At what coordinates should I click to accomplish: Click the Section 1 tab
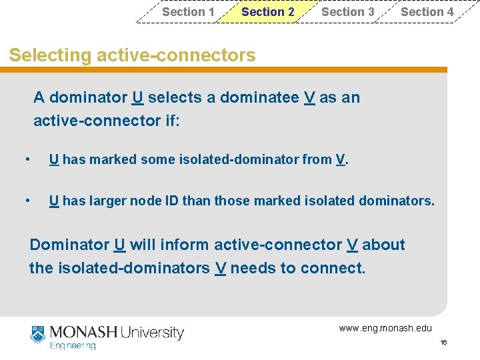coord(188,12)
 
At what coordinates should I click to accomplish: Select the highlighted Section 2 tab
coord(267,12)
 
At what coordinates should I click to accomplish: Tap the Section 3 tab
coord(347,12)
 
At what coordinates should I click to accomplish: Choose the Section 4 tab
coord(427,12)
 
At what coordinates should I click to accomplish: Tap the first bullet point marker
coord(27,160)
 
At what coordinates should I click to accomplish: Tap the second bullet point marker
coord(27,201)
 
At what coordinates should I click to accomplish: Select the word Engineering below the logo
coord(73,346)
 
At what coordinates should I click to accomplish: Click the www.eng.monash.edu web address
coord(385,328)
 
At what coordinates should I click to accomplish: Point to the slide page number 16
coord(443,343)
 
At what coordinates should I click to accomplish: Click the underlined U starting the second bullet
coord(53,201)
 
